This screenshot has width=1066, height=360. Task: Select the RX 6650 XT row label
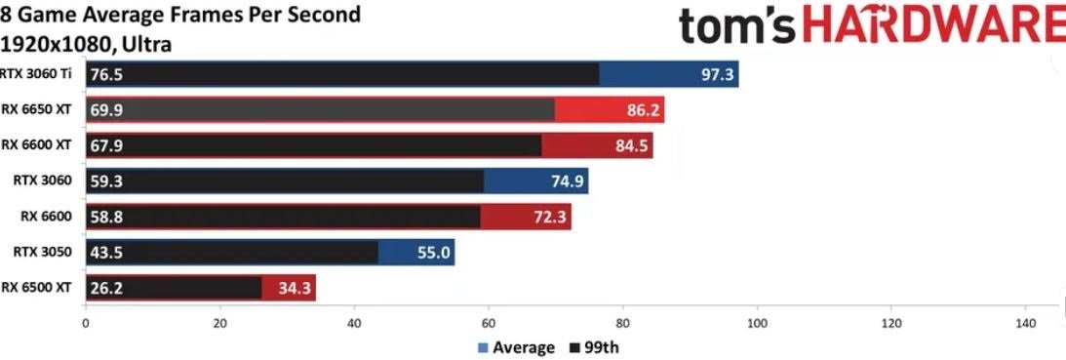[36, 109]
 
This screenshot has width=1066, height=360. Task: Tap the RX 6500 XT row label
[36, 287]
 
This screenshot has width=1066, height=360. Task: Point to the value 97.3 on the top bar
[717, 74]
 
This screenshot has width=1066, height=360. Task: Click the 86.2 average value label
[643, 109]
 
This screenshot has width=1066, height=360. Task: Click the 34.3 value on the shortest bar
[295, 289]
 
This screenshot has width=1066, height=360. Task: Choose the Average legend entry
[516, 347]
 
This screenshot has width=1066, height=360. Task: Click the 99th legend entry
[595, 347]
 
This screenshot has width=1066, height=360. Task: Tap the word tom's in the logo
[736, 26]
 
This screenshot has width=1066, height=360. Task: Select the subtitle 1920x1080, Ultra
[86, 44]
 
